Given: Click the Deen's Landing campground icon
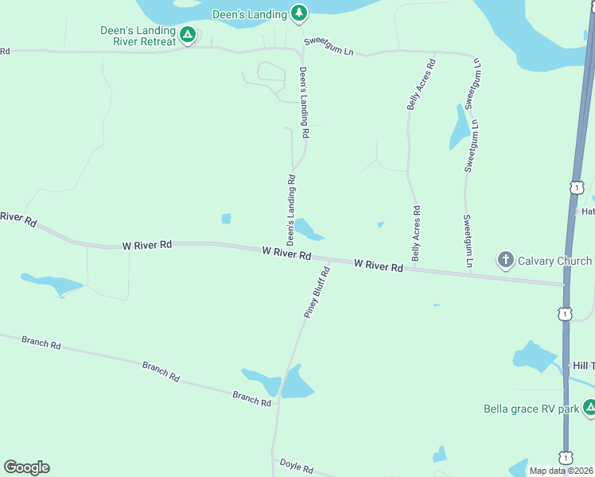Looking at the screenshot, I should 299,12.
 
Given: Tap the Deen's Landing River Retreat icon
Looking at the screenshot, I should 187,34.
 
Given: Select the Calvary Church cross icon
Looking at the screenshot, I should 504,260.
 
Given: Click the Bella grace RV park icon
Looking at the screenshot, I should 589,408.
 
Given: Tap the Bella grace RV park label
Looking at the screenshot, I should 531,409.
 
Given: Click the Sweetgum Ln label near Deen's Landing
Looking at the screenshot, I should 328,48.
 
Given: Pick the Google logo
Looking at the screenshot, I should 26,467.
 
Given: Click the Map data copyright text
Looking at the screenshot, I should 562,471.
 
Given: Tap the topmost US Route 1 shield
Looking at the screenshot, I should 575,188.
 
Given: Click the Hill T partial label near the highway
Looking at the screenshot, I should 583,365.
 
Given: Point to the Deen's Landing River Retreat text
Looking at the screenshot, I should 138,36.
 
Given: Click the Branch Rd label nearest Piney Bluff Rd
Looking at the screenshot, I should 252,397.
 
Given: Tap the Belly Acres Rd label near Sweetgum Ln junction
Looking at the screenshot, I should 421,83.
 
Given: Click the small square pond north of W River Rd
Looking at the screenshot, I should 226,219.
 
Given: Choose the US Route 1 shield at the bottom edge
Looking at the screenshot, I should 566,458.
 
